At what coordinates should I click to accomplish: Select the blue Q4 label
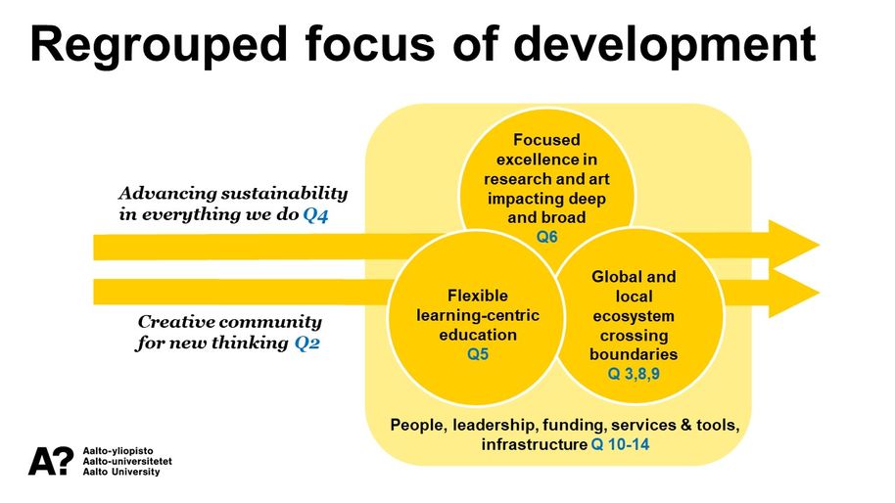pyautogui.click(x=315, y=215)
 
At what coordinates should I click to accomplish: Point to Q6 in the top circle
pyautogui.click(x=546, y=237)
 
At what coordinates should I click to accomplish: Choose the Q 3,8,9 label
pyautogui.click(x=634, y=372)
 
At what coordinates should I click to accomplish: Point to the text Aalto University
pyautogui.click(x=123, y=472)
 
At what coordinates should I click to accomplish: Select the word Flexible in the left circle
pyautogui.click(x=478, y=295)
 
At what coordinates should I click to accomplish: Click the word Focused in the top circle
pyautogui.click(x=546, y=140)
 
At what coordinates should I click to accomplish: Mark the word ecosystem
pyautogui.click(x=634, y=316)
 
